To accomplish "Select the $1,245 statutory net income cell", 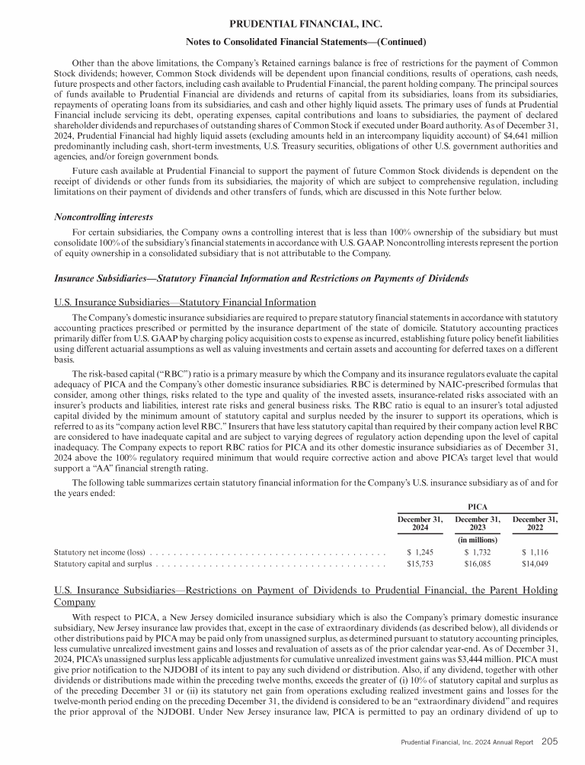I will pyautogui.click(x=420, y=551).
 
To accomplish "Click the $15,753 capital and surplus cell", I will pyautogui.click(x=418, y=565).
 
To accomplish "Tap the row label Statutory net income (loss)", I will pyautogui.click(x=100, y=551).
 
